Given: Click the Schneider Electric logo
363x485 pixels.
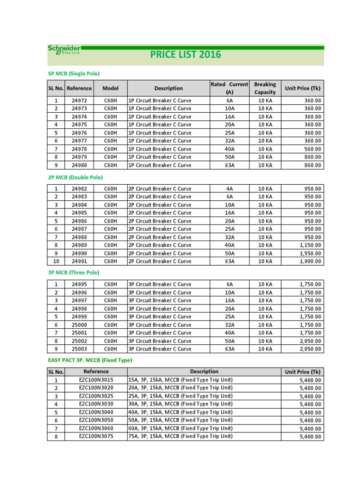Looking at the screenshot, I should tap(64, 50).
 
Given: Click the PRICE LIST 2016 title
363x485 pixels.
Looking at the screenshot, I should tap(186, 54).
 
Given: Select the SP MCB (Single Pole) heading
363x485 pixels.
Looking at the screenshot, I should tap(74, 73).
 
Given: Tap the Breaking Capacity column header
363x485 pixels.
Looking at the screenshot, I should tap(265, 88).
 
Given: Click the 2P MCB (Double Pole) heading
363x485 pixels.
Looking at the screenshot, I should tap(76, 177).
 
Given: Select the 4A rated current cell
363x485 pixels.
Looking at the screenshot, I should tap(230, 189).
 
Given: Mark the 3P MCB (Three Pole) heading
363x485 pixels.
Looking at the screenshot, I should tap(74, 272).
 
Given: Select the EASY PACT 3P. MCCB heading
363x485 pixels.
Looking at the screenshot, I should tap(90, 360).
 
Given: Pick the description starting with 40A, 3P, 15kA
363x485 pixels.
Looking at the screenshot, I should tap(181, 412).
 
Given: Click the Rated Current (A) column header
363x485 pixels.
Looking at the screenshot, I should tap(229, 88).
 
